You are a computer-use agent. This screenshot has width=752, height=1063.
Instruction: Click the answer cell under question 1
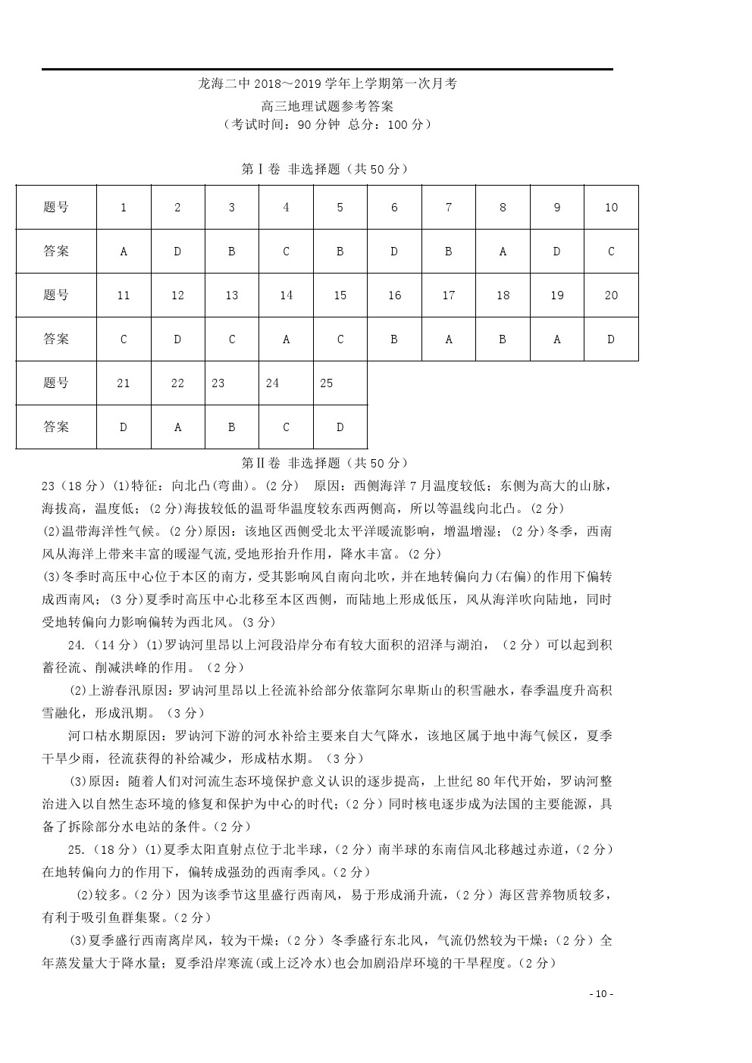coord(124,252)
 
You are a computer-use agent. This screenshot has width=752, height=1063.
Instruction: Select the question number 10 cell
coord(611,208)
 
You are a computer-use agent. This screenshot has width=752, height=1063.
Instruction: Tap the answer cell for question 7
coord(448,252)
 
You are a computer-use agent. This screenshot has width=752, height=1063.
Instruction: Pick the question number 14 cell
coord(286,295)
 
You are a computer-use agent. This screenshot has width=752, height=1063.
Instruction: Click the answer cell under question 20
coord(611,339)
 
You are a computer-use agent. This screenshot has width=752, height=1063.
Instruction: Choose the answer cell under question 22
coord(177,427)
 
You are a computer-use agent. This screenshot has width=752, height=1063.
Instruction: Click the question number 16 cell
coord(394,295)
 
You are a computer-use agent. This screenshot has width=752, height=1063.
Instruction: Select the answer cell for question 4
coord(286,252)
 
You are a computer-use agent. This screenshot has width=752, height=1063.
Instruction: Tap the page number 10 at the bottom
coord(600,994)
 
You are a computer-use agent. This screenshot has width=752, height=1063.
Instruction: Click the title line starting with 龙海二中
coord(327,84)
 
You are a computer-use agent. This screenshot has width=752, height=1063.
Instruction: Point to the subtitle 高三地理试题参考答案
coord(327,106)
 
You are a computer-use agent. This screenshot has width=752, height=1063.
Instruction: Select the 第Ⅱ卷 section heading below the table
coord(324,463)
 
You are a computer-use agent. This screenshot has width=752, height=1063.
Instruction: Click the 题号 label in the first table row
coord(56,208)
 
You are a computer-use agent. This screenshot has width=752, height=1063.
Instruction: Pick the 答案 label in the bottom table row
coord(56,427)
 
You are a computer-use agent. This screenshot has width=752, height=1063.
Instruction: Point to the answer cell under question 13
coord(232,339)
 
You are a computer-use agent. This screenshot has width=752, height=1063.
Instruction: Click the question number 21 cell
coord(124,383)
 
